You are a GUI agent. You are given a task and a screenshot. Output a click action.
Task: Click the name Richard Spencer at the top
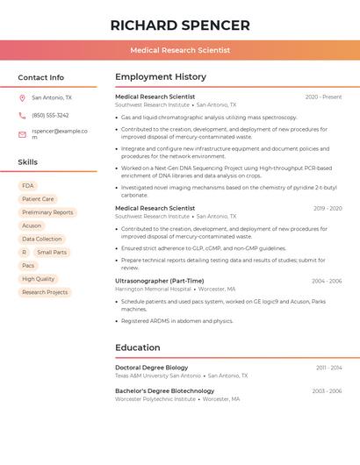coord(180,25)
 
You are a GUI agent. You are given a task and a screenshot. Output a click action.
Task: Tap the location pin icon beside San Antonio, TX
coord(22,97)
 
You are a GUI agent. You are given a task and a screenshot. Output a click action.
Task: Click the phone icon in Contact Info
coord(22,115)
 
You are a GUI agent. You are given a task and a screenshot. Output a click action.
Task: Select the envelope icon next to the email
coord(22,134)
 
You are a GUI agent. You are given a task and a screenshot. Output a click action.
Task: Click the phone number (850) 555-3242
coord(50,115)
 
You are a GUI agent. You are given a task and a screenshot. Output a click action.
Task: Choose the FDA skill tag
coord(28,186)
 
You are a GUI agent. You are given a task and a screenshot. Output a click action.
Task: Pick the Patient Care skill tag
coord(38,199)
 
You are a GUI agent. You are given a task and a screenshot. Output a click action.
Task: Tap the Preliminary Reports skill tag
coord(47,212)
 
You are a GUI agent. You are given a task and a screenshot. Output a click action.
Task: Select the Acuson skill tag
coord(32,225)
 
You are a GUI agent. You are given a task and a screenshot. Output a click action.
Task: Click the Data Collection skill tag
coord(42,239)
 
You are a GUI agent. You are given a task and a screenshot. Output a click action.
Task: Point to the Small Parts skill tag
coord(52,252)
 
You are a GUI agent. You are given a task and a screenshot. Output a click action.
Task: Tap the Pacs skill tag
coord(28,265)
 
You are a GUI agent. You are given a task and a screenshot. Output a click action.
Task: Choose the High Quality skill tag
coord(39,279)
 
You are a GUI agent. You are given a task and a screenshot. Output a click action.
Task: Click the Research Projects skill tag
coord(45,292)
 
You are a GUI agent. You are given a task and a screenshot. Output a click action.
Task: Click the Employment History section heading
coord(161,77)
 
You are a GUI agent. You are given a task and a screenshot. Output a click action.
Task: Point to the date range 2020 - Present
coord(323,97)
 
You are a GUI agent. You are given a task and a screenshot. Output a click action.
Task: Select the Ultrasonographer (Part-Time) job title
coord(159,281)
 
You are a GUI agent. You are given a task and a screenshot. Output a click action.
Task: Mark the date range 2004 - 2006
coord(327,282)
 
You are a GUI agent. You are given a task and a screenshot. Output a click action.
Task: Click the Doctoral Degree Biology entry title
coord(151,368)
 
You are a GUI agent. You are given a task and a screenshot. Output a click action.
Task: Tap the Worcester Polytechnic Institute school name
coord(155,399)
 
